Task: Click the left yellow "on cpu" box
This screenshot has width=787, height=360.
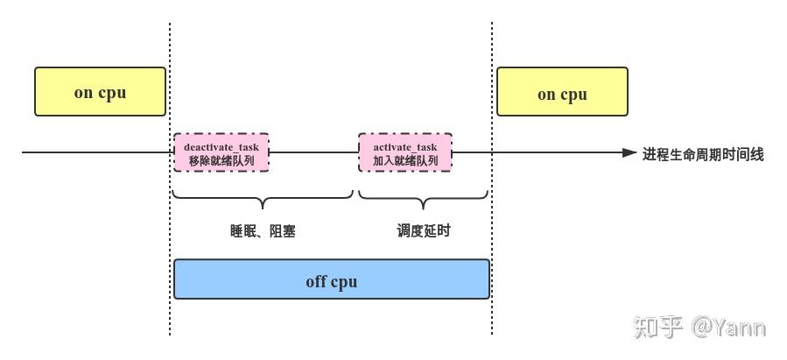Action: pyautogui.click(x=100, y=92)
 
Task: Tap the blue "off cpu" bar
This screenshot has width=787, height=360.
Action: pyautogui.click(x=331, y=279)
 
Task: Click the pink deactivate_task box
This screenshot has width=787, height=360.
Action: pyautogui.click(x=221, y=153)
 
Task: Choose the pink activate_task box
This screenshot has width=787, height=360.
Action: pyautogui.click(x=405, y=153)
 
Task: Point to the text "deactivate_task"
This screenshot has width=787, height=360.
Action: pyautogui.click(x=221, y=147)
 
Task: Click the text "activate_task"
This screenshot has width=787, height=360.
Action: pyautogui.click(x=405, y=147)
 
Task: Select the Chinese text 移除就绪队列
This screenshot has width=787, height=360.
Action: pyautogui.click(x=221, y=161)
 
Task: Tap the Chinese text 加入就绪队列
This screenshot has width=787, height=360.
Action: pyautogui.click(x=405, y=161)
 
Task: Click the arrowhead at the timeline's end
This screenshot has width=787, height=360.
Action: pyautogui.click(x=629, y=153)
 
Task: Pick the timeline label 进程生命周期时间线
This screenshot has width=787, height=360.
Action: pyautogui.click(x=703, y=154)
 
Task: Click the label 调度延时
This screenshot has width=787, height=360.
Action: pyautogui.click(x=424, y=231)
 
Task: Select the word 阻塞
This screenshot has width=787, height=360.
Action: pyautogui.click(x=282, y=232)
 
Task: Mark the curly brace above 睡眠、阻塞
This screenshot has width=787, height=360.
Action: pyautogui.click(x=263, y=197)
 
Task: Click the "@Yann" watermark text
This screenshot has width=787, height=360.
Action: pyautogui.click(x=728, y=328)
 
